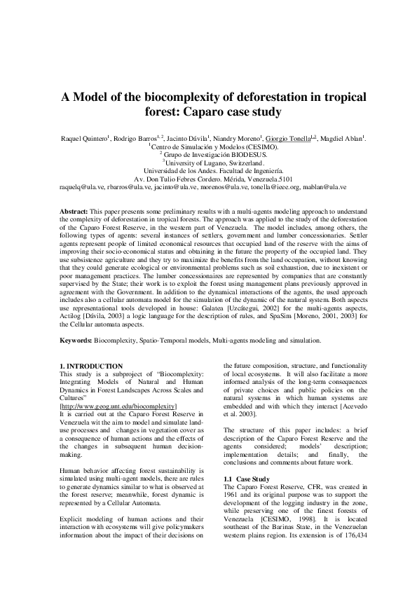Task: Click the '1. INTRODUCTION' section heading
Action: click(x=91, y=366)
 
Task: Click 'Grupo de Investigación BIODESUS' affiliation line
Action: click(x=209, y=156)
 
